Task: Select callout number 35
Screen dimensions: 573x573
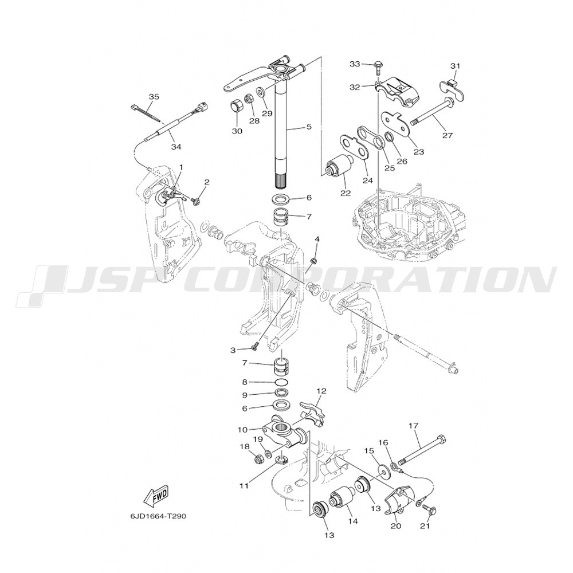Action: pyautogui.click(x=154, y=97)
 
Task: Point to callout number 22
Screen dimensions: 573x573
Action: pyautogui.click(x=346, y=193)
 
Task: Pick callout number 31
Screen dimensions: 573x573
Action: pyautogui.click(x=455, y=66)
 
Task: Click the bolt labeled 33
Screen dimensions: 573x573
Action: pyautogui.click(x=378, y=68)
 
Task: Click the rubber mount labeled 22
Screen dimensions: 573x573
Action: pyautogui.click(x=339, y=165)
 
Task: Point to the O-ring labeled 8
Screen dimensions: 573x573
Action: pyautogui.click(x=281, y=383)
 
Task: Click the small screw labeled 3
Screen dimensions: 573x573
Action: pyautogui.click(x=255, y=345)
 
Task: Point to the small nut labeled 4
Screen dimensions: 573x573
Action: pyautogui.click(x=313, y=260)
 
